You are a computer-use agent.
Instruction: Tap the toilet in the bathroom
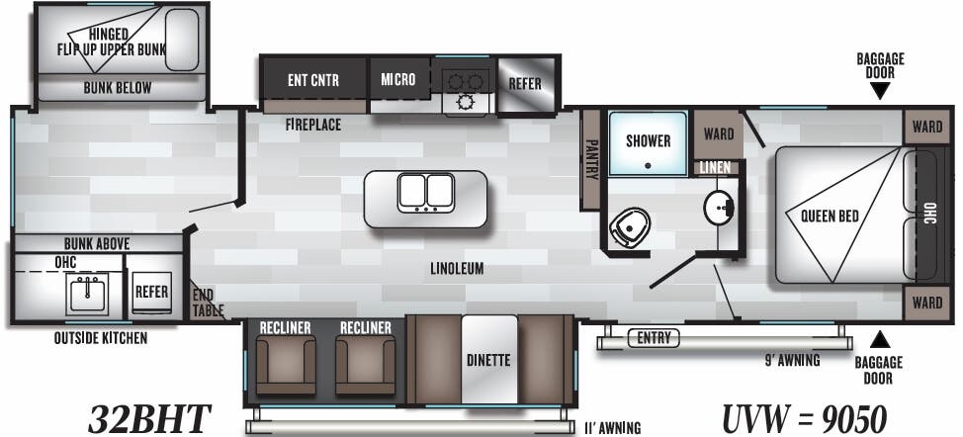point(630,227)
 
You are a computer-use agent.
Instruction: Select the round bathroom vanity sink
point(719,207)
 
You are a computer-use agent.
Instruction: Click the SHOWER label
point(648,140)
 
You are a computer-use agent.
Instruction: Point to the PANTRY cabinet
point(591,159)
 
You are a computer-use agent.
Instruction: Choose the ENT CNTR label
point(313,80)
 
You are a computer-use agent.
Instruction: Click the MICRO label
point(398,79)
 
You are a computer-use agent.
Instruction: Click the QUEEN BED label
point(830,216)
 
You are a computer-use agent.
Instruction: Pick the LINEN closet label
point(716,167)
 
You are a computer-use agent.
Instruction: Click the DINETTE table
point(489,359)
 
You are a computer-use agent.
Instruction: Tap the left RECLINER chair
point(285,364)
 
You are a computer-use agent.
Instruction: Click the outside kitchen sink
point(88,294)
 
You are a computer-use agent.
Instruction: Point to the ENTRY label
point(654,337)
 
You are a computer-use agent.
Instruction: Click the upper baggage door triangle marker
point(880,91)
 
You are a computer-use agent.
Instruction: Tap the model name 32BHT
point(149,420)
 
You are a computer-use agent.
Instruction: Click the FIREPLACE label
point(313,125)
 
